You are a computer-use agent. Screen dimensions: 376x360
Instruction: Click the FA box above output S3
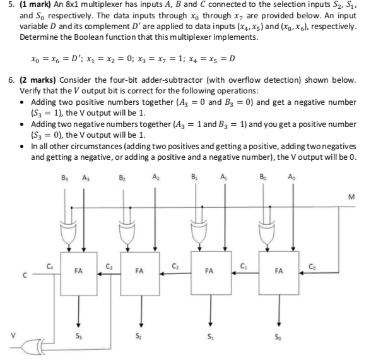pyautogui.click(x=79, y=271)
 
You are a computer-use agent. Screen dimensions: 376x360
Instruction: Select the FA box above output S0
pyautogui.click(x=278, y=271)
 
